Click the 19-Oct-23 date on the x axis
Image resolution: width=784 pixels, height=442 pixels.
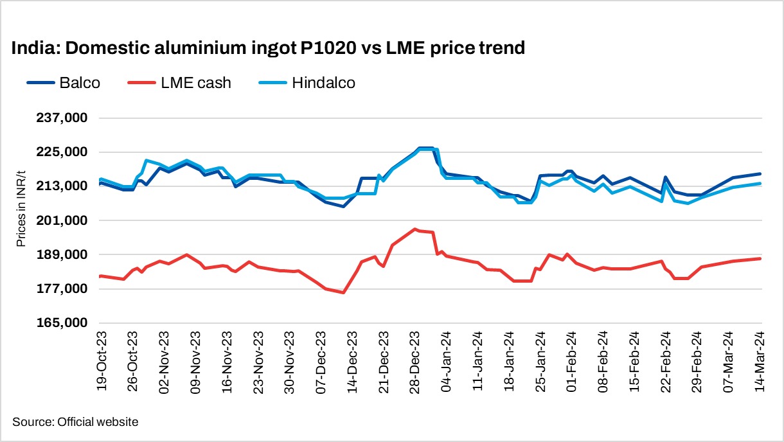pos(101,362)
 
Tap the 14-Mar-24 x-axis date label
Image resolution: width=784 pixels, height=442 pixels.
pos(761,362)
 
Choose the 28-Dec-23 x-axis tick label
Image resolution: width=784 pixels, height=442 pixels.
pos(415,362)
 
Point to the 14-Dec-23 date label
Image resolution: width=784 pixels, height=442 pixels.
pos(352,362)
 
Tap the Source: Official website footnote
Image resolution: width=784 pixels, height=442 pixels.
pos(75,422)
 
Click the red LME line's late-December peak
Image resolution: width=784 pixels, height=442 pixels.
pos(415,229)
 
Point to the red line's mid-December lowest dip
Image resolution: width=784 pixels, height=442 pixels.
pos(344,293)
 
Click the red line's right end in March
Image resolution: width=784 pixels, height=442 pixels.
pos(761,258)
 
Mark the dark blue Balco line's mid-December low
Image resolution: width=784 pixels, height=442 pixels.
pos(344,206)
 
